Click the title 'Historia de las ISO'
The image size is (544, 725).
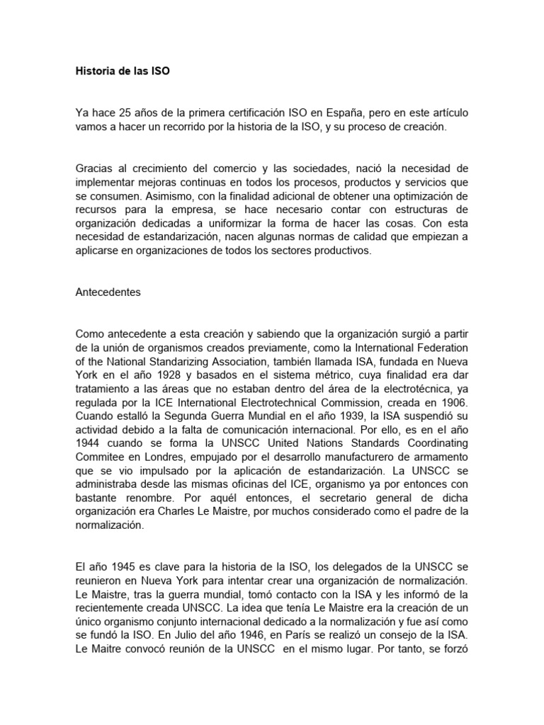pyautogui.click(x=123, y=72)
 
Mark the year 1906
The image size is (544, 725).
pyautogui.click(x=454, y=401)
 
